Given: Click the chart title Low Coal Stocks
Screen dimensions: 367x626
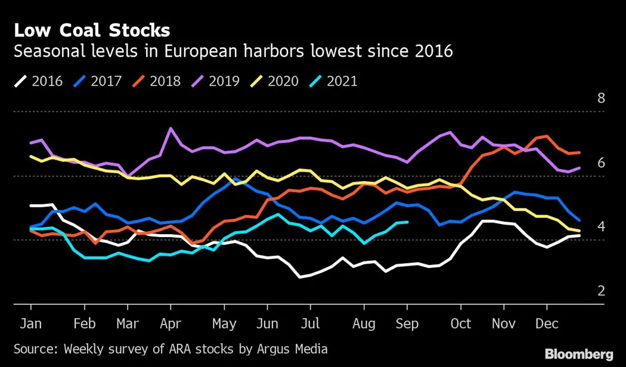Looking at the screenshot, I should tap(92, 30).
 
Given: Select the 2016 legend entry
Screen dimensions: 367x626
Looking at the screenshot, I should tap(38, 80).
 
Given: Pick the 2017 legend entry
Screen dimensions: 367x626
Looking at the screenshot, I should tap(98, 80).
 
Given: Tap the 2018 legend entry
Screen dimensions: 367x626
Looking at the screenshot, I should tap(157, 80).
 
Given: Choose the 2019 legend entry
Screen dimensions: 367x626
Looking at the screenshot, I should tap(216, 80).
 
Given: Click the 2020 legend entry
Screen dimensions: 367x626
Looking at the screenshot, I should tap(275, 80).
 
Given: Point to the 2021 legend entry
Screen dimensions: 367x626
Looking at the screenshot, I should tap(334, 80).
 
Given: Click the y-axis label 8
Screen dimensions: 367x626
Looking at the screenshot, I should tap(601, 98).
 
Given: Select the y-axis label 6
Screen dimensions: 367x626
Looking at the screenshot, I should tap(601, 163).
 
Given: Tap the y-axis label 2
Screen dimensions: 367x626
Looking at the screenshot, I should tap(601, 291).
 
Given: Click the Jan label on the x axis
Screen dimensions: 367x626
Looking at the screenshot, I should tap(30, 324).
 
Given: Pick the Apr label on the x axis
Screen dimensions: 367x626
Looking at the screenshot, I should tap(171, 324).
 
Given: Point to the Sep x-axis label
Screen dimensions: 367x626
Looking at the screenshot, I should tap(407, 324).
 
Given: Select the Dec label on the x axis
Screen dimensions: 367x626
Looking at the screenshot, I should tap(547, 324).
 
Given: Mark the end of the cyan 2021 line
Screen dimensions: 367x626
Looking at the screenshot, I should tap(407, 222).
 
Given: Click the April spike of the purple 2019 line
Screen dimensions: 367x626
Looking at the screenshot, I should tap(171, 128).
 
